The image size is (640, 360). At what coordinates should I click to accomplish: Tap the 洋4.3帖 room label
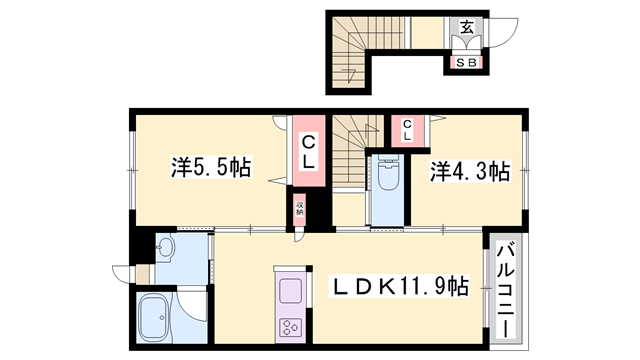[x=470, y=170]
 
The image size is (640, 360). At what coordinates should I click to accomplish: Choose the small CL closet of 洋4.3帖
[x=408, y=128]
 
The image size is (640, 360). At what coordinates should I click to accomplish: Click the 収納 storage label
[x=299, y=213]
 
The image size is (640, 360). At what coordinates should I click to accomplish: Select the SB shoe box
[x=465, y=63]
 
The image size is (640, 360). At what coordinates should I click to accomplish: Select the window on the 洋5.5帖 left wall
[x=131, y=164]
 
